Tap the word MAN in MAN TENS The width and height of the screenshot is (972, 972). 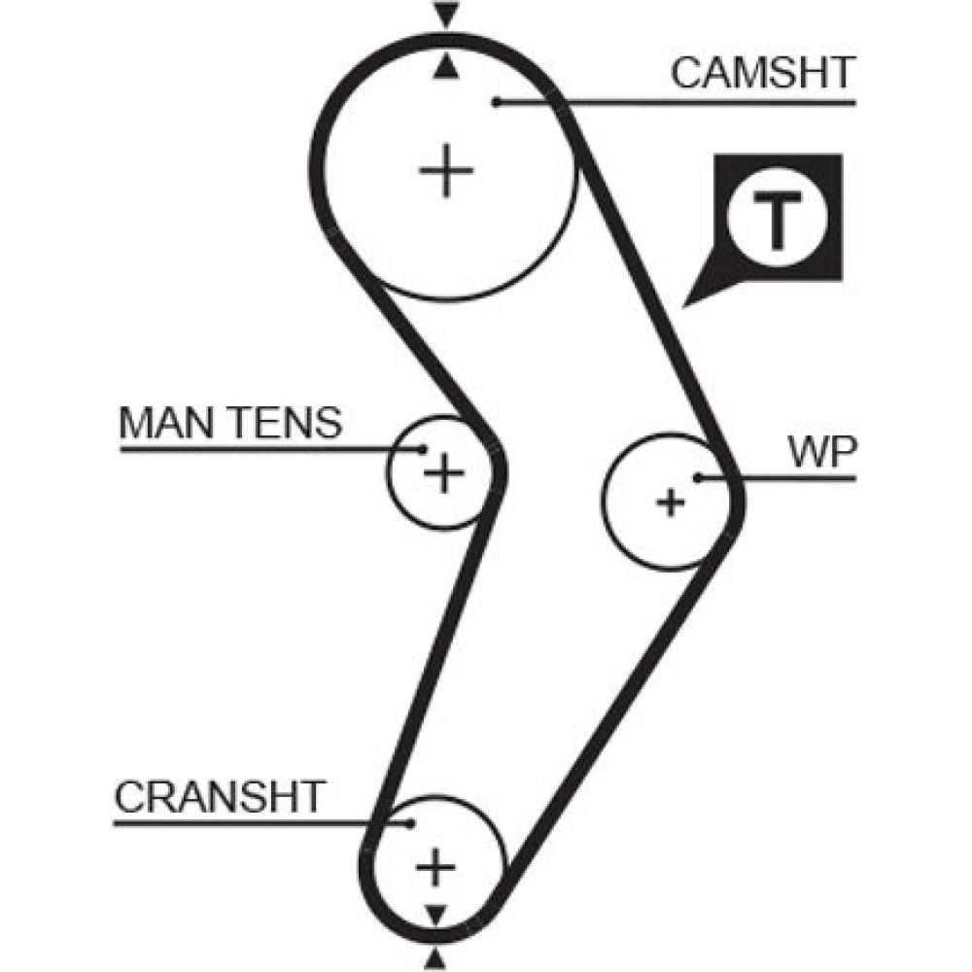click(157, 423)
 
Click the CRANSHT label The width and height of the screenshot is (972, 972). click(219, 797)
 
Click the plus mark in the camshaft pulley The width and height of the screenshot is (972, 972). click(446, 171)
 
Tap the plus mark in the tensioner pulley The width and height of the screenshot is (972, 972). click(443, 473)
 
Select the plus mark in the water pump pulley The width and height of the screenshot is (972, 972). click(670, 503)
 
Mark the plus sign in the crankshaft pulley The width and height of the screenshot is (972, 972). click(434, 865)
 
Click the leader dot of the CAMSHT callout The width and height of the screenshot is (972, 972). click(495, 101)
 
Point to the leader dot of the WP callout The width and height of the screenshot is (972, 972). click(698, 477)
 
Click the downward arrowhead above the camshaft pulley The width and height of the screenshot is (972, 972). click(445, 15)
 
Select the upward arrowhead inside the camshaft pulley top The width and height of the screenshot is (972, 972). click(445, 65)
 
